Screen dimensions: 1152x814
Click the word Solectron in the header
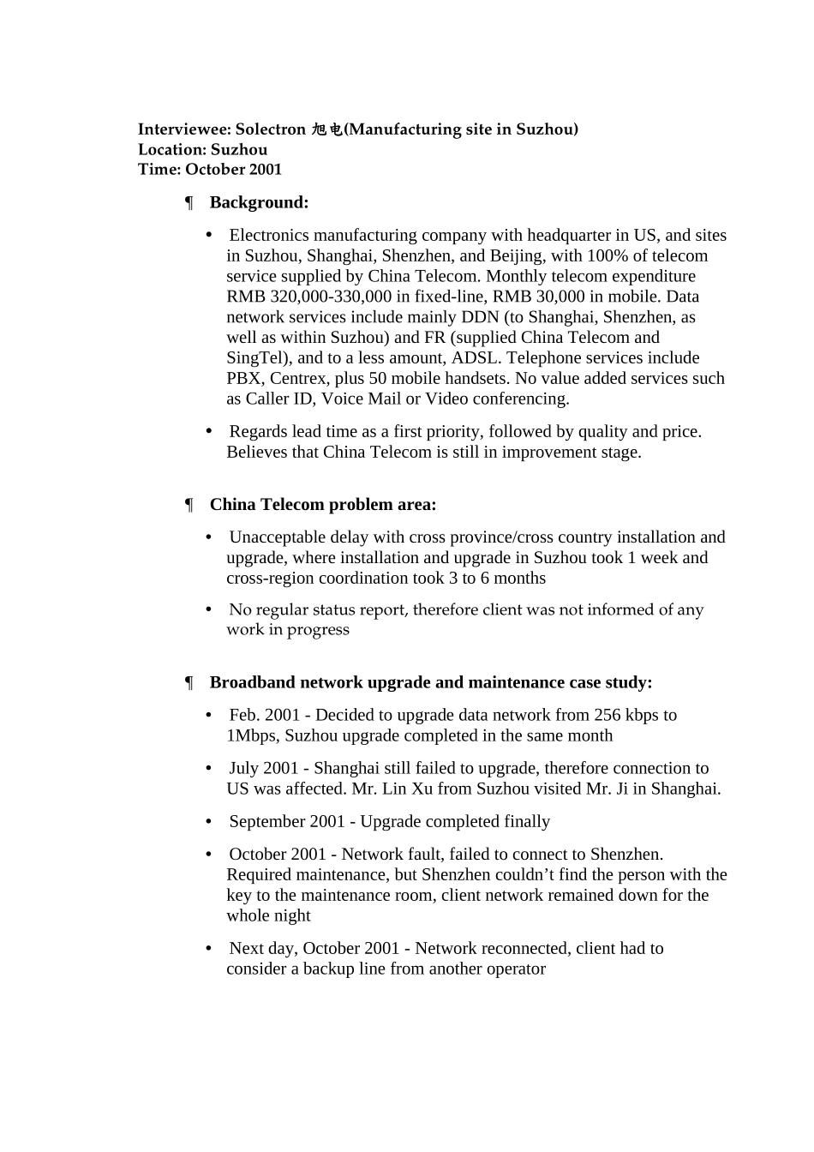pyautogui.click(x=270, y=129)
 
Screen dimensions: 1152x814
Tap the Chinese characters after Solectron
pyautogui.click(x=326, y=129)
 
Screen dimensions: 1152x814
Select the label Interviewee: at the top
pyautogui.click(x=184, y=129)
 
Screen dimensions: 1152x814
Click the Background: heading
pyautogui.click(x=259, y=203)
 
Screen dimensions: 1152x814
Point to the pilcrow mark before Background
pyautogui.click(x=189, y=203)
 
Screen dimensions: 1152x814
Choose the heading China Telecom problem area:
pyautogui.click(x=323, y=505)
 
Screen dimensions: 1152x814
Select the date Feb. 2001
pyautogui.click(x=265, y=716)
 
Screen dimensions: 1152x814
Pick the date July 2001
pyautogui.click(x=264, y=769)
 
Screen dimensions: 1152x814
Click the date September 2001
pyautogui.click(x=286, y=822)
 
